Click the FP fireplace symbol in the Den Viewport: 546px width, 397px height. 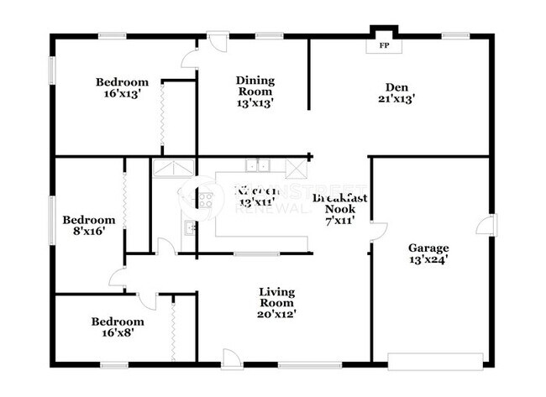(x=384, y=44)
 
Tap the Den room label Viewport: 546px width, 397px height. (x=396, y=87)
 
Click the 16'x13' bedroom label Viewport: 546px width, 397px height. (x=122, y=88)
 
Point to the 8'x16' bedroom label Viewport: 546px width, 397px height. (x=88, y=225)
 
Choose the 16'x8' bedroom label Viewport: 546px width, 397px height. (x=118, y=326)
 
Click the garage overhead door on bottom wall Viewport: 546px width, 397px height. (x=435, y=361)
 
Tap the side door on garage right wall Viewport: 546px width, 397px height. (x=486, y=225)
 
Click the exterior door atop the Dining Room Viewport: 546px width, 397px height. (x=218, y=42)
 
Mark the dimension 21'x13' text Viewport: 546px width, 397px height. (x=396, y=98)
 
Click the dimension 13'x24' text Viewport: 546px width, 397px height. (x=428, y=259)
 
